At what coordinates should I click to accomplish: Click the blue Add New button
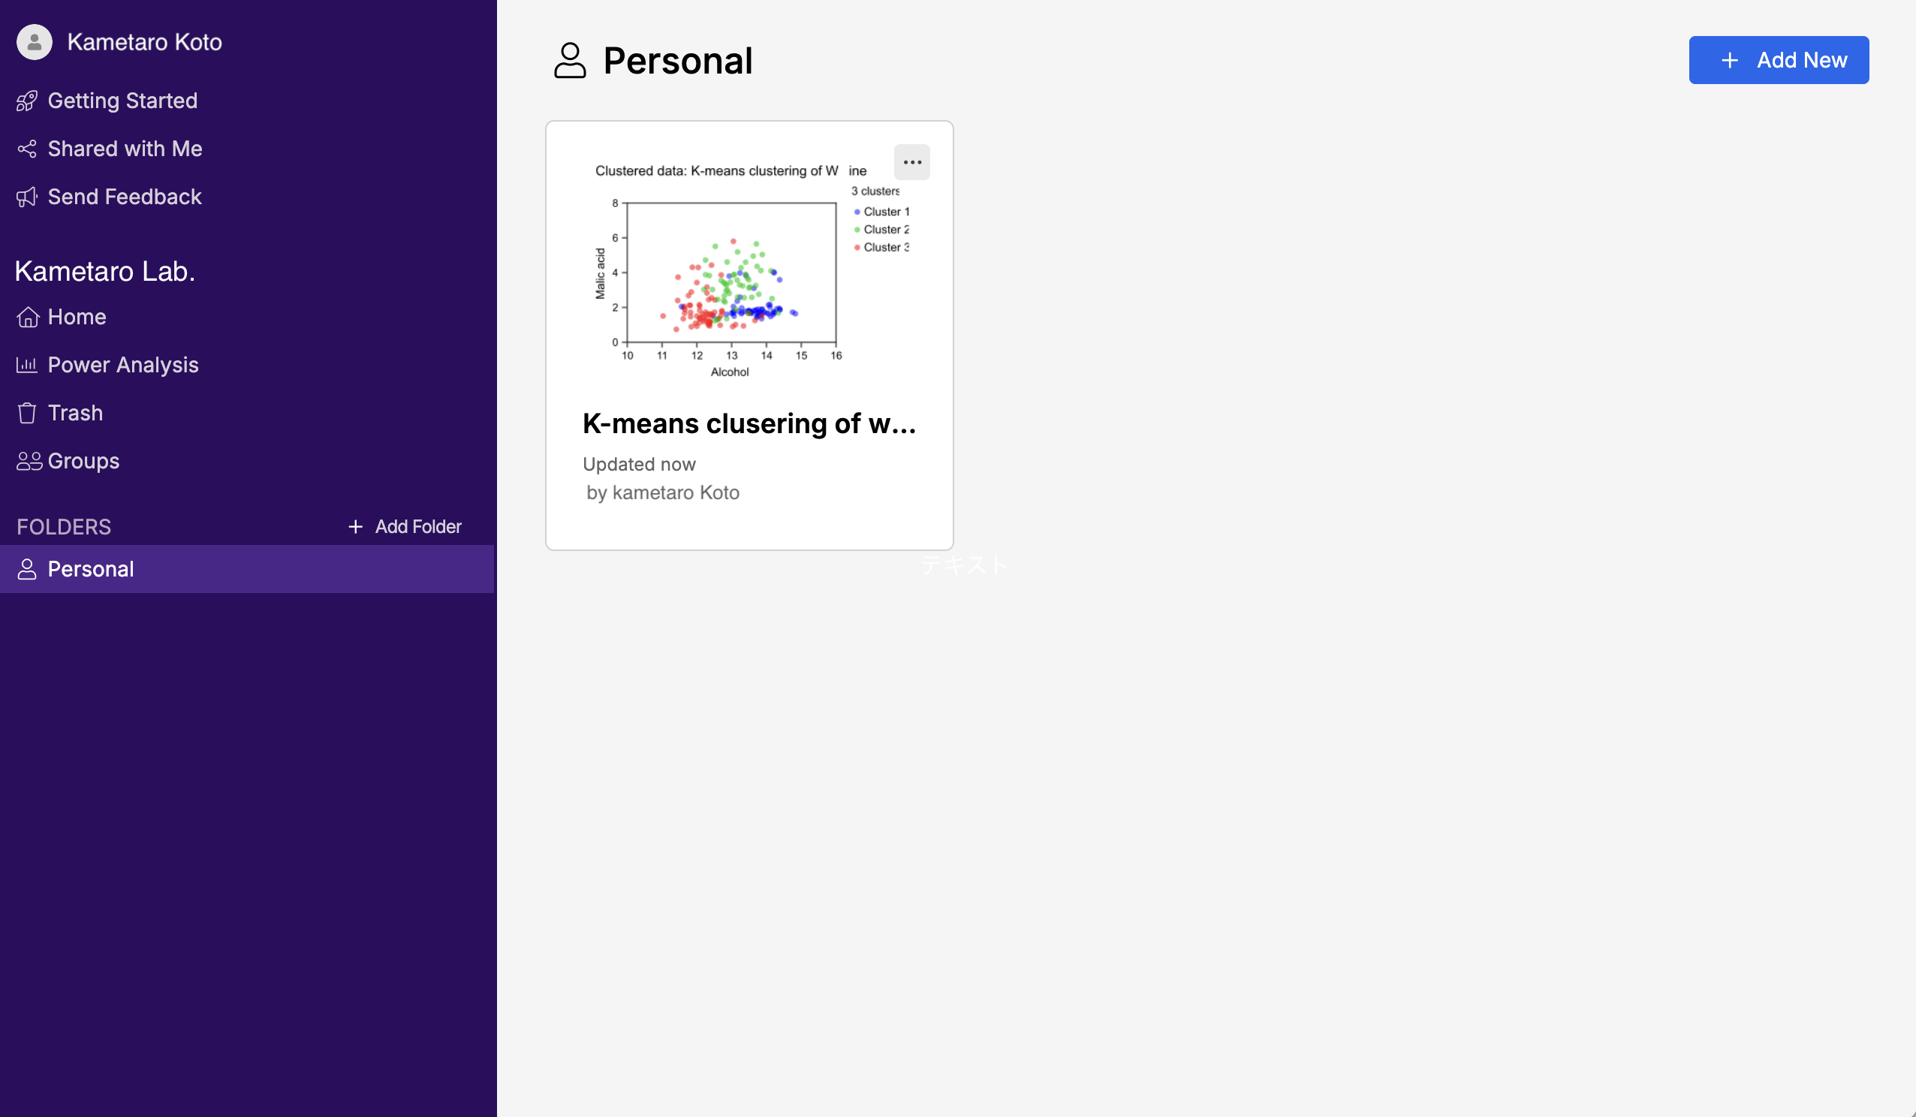click(x=1779, y=60)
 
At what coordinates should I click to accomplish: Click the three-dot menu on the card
click(x=911, y=162)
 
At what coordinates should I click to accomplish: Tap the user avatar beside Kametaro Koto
click(x=35, y=42)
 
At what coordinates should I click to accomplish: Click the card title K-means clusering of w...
click(x=749, y=423)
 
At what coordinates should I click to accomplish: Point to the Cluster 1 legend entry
click(x=882, y=212)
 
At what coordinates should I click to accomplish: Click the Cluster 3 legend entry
click(x=882, y=247)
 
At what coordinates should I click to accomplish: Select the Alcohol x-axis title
click(x=729, y=372)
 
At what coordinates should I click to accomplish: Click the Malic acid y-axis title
click(x=600, y=274)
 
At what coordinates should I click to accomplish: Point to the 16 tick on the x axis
click(x=836, y=356)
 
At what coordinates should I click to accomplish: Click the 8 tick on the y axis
click(x=615, y=203)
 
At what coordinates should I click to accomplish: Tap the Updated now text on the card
click(x=639, y=465)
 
